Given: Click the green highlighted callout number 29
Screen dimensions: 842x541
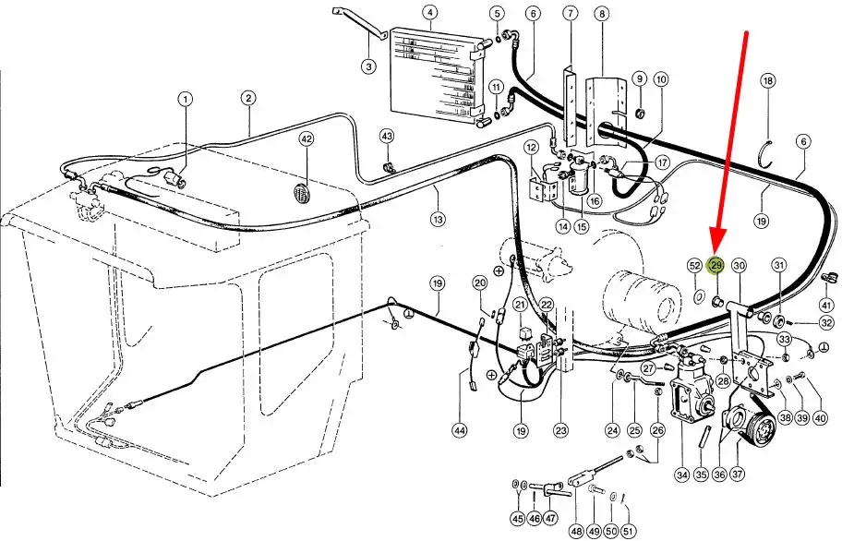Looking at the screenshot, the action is pyautogui.click(x=716, y=265).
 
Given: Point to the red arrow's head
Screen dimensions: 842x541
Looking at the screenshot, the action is pyautogui.click(x=718, y=242).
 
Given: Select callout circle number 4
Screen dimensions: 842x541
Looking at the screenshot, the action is pyautogui.click(x=429, y=12).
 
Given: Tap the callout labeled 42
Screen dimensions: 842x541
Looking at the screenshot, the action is pyautogui.click(x=307, y=139).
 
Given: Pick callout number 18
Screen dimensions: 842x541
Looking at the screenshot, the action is pyautogui.click(x=768, y=80).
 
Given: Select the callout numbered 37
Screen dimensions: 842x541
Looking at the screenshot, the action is pyautogui.click(x=737, y=475).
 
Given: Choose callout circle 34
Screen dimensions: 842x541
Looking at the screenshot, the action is pyautogui.click(x=682, y=475).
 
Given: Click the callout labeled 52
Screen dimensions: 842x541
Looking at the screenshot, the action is pyautogui.click(x=695, y=265).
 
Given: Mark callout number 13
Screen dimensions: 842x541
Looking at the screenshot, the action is pyautogui.click(x=439, y=219).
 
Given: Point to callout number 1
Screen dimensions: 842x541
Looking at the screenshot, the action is pyautogui.click(x=186, y=100).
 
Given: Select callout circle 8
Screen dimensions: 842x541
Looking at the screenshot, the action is pyautogui.click(x=602, y=13).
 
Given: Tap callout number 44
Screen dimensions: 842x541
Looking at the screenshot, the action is pyautogui.click(x=460, y=430).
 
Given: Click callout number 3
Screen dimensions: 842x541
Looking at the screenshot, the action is pyautogui.click(x=368, y=66).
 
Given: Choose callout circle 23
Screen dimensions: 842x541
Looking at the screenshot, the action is pyautogui.click(x=560, y=430).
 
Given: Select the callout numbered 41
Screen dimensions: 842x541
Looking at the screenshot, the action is pyautogui.click(x=826, y=305).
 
